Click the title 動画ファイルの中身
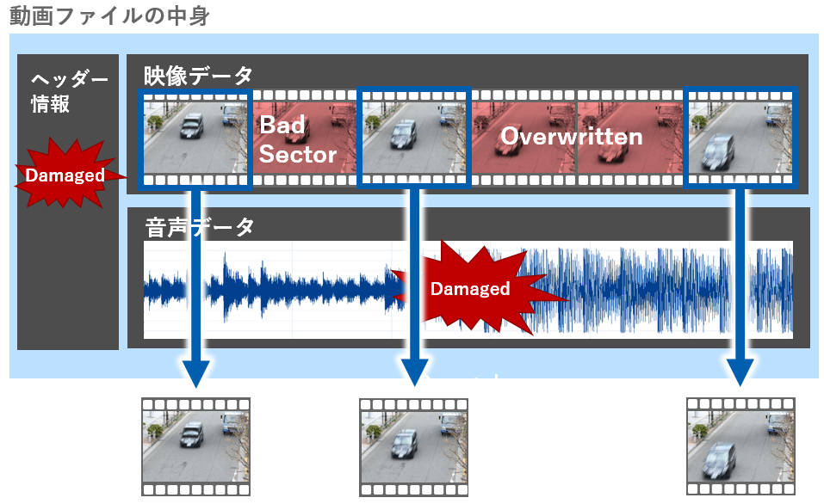coord(109,15)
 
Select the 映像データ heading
coord(198,75)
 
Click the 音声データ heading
coord(199,227)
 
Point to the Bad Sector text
coord(297,139)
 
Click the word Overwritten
coord(571,137)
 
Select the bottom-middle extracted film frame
coord(413,447)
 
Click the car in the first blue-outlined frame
coord(192,126)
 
